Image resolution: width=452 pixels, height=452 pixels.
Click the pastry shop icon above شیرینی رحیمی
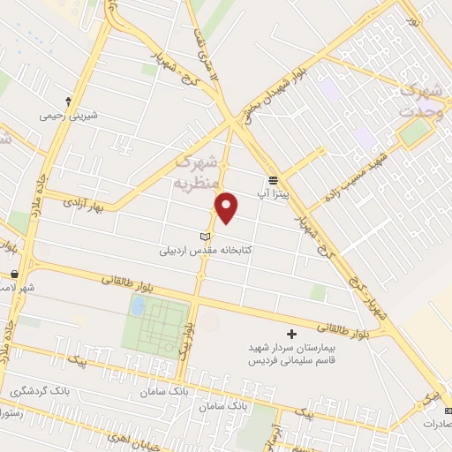(68, 101)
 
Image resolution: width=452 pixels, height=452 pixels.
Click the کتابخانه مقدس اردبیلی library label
(206, 251)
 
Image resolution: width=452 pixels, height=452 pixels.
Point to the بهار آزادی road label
(84, 203)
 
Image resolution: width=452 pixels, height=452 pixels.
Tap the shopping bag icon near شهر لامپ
(15, 275)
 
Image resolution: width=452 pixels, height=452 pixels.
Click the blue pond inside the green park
(138, 306)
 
